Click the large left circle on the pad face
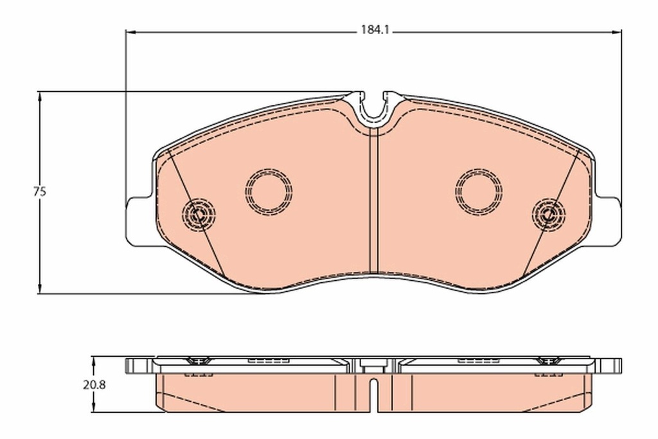(269, 192)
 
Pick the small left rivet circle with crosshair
(199, 212)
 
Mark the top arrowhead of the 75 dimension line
(40, 95)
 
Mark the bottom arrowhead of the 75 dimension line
(40, 290)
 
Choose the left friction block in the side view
(257, 392)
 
